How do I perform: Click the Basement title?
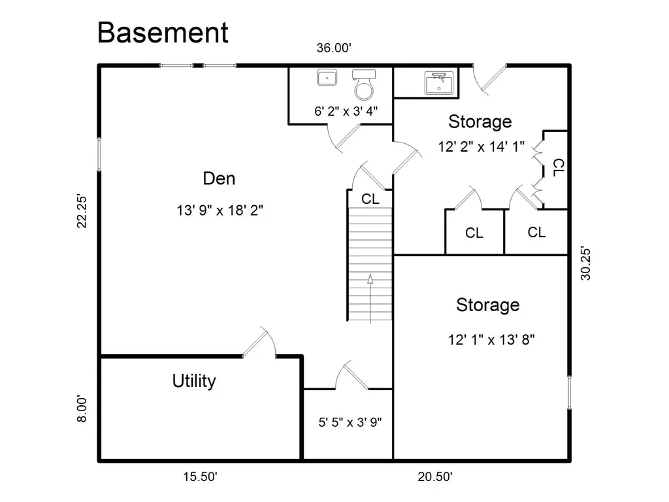[x=163, y=33]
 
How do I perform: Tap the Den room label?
[x=219, y=178]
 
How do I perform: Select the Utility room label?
[x=194, y=381]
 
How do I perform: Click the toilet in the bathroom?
[x=364, y=84]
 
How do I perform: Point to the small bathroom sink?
[x=327, y=78]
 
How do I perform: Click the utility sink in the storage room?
[x=438, y=83]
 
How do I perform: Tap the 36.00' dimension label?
[x=334, y=48]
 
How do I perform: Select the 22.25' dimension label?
[x=82, y=211]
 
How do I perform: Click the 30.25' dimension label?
[x=586, y=263]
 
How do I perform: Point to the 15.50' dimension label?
[x=201, y=477]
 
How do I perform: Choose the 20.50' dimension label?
[x=434, y=477]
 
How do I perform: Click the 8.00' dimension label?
[x=82, y=409]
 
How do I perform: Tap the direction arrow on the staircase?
[x=370, y=299]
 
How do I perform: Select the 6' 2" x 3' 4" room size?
[x=346, y=111]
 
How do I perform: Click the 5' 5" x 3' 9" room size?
[x=350, y=422]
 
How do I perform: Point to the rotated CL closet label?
[x=558, y=168]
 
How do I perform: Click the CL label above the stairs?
[x=370, y=199]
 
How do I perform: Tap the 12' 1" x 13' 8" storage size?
[x=491, y=340]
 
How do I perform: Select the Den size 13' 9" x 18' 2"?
[x=220, y=210]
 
